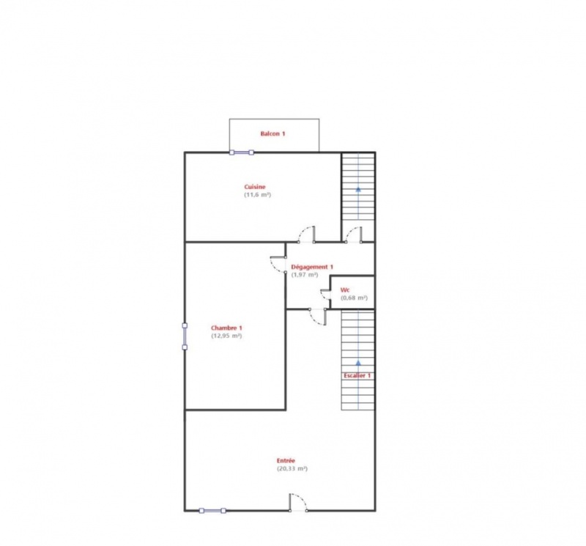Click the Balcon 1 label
click(272, 133)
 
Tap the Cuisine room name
click(255, 187)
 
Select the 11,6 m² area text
click(258, 195)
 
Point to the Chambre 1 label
click(226, 328)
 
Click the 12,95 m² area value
click(226, 336)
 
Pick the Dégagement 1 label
click(312, 267)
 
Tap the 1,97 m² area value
click(305, 275)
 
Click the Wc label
click(345, 289)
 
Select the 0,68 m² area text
click(354, 298)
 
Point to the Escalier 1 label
click(357, 375)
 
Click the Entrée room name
click(286, 461)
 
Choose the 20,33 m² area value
click(292, 468)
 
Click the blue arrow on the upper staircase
click(358, 190)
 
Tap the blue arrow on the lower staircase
click(358, 363)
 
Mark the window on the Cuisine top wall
click(242, 152)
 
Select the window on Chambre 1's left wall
click(185, 336)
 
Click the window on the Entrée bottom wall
click(212, 511)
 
